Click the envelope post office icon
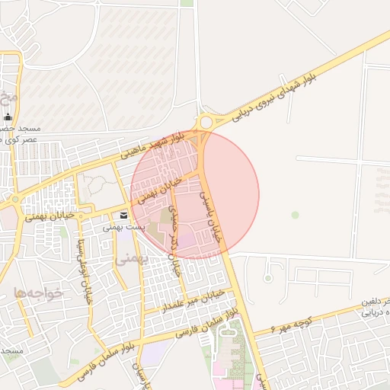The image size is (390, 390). tap(123, 216)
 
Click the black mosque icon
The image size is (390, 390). tap(8, 117)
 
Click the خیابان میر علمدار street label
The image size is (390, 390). tap(190, 301)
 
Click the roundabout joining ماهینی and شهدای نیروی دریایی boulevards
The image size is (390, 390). tap(204, 121)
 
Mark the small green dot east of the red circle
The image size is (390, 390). tap(295, 215)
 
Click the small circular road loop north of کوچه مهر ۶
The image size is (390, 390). tap(267, 279)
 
